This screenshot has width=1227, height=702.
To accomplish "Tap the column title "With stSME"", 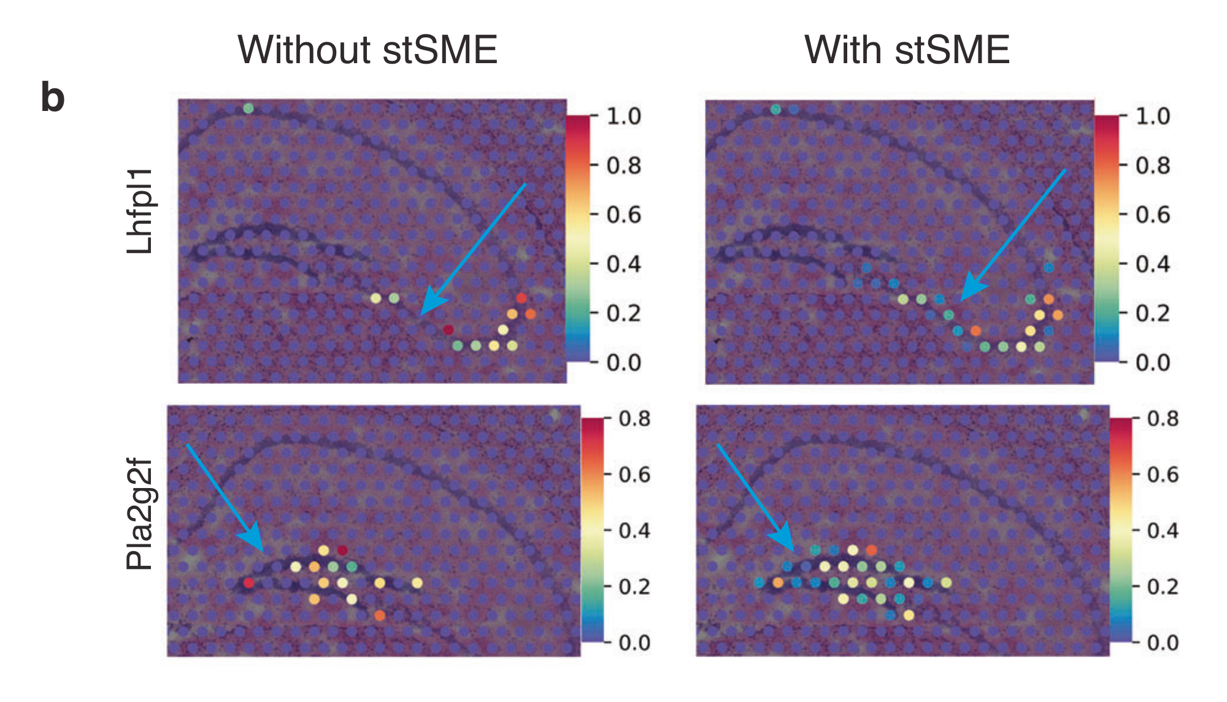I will point(907,50).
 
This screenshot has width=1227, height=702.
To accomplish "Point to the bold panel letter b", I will point(53,98).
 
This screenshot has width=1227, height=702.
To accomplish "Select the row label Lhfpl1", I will point(140,211).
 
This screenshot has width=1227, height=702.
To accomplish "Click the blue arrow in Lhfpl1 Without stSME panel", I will point(472,249).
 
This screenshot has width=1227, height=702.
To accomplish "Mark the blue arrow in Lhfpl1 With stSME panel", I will point(1012,235).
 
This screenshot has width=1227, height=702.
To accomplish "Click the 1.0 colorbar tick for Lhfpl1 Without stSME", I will point(623,116).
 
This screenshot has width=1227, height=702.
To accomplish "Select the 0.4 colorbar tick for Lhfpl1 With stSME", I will point(1152,264).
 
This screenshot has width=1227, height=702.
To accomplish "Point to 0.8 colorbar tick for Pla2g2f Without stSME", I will point(634,419).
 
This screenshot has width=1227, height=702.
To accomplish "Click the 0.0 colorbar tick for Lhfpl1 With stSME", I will point(1152,362).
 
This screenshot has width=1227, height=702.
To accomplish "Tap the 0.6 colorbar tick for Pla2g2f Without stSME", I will point(634,475).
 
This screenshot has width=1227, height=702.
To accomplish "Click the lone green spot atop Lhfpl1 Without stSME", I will point(248,109).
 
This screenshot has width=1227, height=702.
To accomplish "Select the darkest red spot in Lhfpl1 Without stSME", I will point(448,330).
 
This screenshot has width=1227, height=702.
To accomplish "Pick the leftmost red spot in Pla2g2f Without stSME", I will point(248,582).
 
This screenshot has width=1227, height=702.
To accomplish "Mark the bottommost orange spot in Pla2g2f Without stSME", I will point(380,615).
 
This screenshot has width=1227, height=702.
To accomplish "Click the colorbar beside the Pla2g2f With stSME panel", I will point(1120,530).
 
